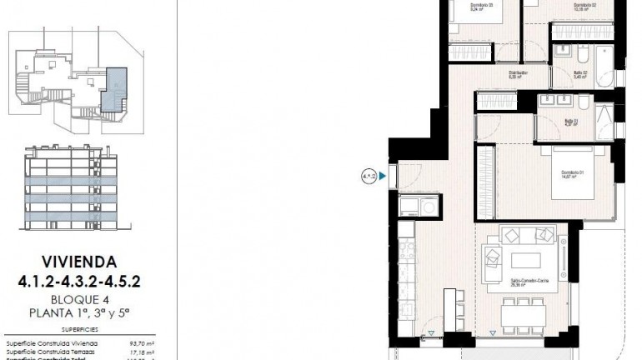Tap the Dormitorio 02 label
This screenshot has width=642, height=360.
(584, 6)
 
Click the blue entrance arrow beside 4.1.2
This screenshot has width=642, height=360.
(382, 176)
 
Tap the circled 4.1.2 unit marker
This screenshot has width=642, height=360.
(369, 176)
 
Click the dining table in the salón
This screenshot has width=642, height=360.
(522, 315)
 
